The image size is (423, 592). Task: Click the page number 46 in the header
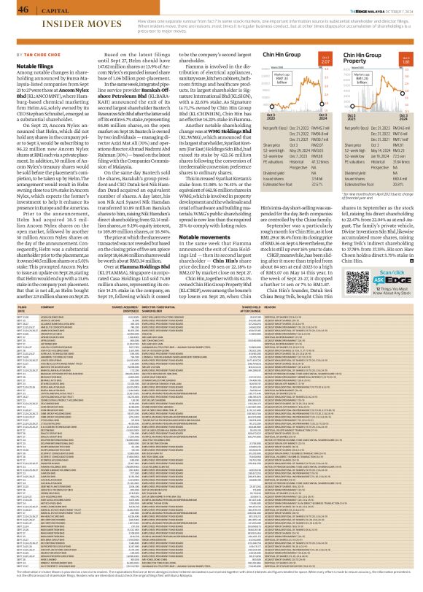tap(14, 8)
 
